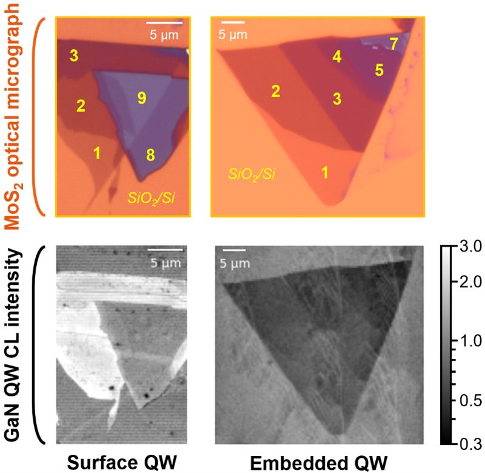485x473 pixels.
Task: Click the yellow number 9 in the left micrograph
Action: tap(141, 98)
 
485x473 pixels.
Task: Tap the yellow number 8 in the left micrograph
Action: tap(150, 155)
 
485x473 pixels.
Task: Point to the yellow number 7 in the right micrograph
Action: tap(393, 44)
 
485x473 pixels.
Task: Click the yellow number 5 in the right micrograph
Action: tap(379, 70)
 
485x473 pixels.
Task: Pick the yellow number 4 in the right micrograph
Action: tap(337, 57)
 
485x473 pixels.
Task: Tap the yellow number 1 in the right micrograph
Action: tap(325, 172)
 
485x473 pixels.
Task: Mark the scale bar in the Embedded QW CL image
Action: tap(235, 250)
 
